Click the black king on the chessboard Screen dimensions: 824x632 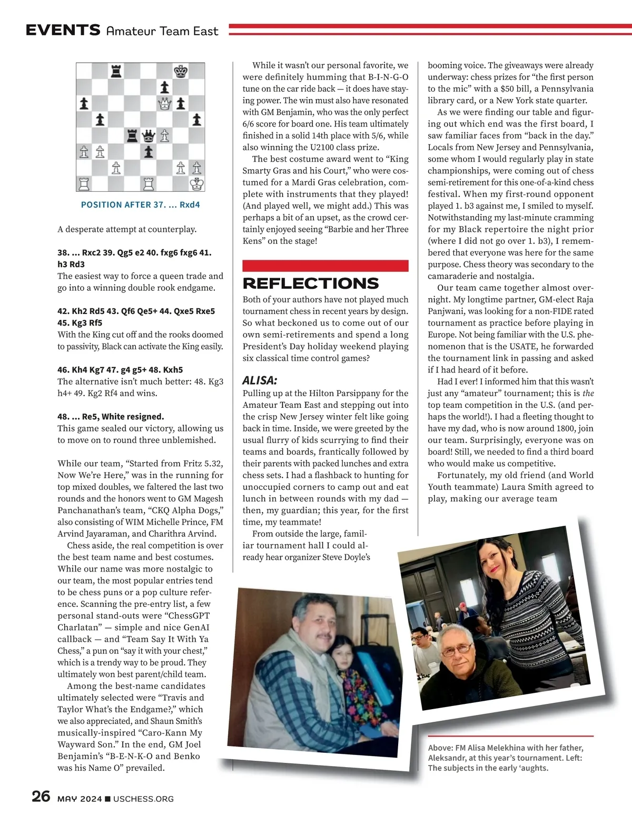(181, 71)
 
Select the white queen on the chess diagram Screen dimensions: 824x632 (165, 104)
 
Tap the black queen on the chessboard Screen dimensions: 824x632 (149, 136)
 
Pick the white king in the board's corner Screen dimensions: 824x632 (197, 184)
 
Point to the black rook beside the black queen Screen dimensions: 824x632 (133, 136)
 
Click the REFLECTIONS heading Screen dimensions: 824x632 (311, 283)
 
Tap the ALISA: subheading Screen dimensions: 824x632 (260, 380)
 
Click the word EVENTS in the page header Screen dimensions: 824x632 (63, 30)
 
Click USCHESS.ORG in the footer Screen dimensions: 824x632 (143, 799)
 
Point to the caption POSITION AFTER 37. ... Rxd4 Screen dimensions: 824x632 (141, 204)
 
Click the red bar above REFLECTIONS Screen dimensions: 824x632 (325, 266)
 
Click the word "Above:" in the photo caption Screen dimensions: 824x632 (440, 748)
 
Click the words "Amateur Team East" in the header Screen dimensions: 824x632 (162, 31)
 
